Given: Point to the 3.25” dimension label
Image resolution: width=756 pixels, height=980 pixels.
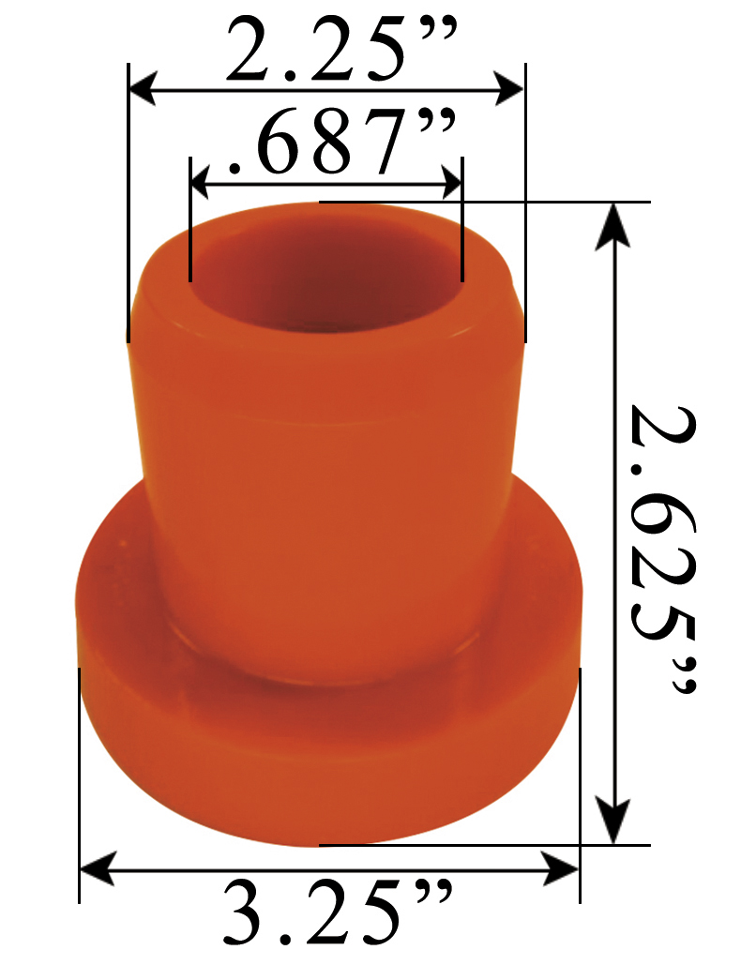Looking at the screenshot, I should [x=338, y=912].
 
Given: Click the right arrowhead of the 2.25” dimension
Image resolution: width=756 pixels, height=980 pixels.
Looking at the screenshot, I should [x=510, y=91].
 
